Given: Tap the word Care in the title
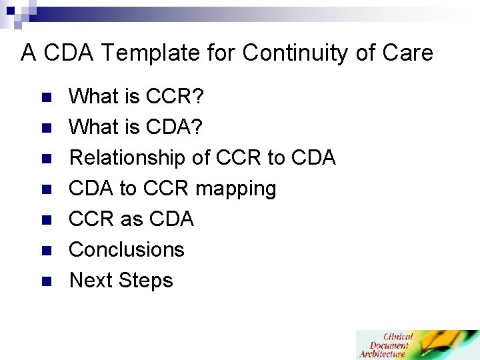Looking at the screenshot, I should pos(407,53).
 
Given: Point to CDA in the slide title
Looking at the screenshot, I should pos(65,53).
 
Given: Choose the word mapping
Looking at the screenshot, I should pos(235,189).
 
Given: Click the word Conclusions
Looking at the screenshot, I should pos(127,249).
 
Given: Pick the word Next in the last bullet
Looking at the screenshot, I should pos(91,280).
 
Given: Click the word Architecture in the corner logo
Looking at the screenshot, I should pos(383,354).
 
